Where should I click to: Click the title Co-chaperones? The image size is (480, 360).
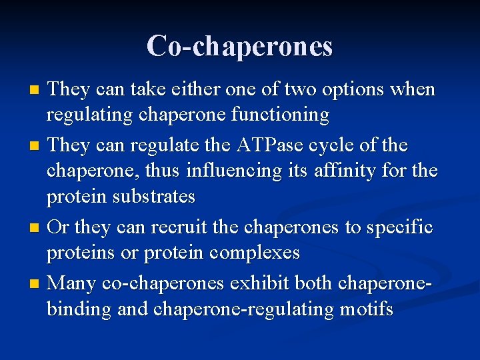pos(239,45)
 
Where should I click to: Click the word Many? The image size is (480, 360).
pos(72,283)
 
